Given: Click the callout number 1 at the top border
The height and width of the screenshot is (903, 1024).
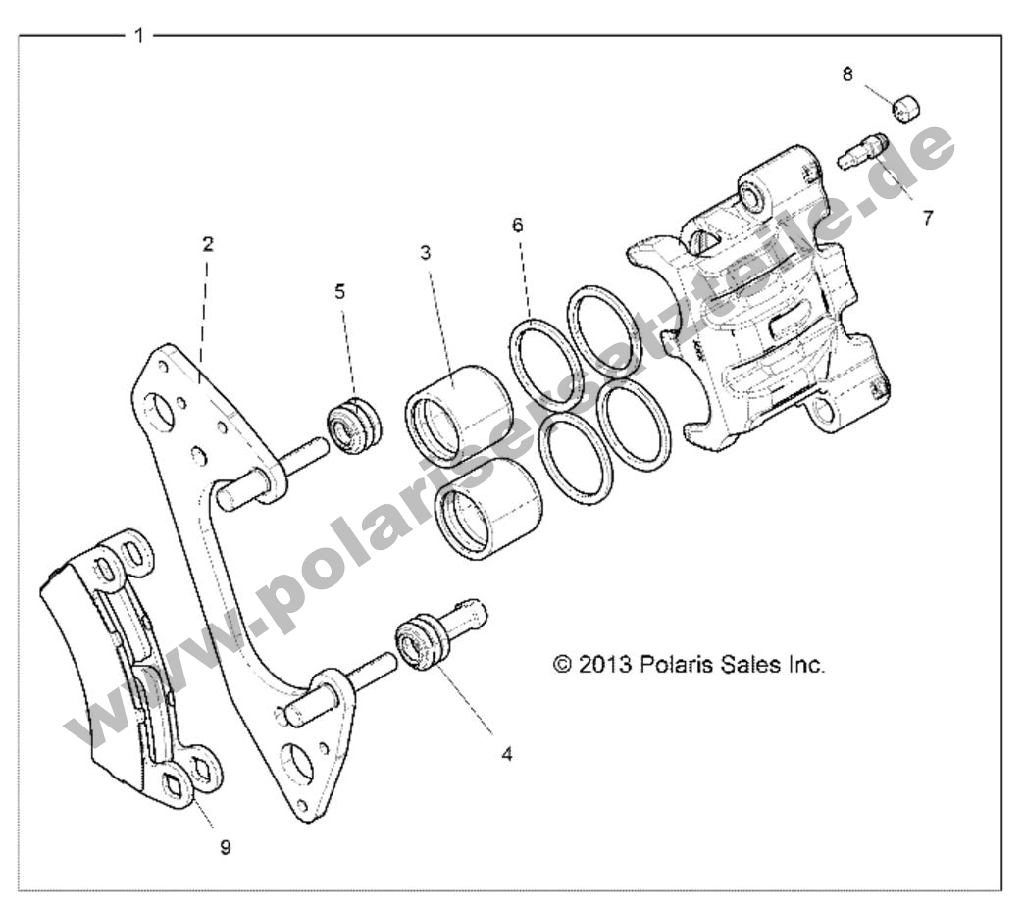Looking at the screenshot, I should (139, 36).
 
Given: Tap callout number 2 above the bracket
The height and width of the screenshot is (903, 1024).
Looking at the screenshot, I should (208, 244).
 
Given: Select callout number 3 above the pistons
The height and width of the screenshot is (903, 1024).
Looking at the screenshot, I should (425, 252).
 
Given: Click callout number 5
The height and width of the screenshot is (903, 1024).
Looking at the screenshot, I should (339, 290).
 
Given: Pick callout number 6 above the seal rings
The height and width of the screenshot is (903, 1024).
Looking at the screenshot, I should (517, 226).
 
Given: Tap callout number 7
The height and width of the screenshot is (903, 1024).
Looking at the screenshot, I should (927, 218).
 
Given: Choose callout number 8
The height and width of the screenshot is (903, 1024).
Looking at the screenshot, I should (847, 74).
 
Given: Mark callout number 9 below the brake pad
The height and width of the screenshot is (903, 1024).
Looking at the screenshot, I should (226, 847).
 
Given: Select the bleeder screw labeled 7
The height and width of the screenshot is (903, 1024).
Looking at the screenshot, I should (863, 150).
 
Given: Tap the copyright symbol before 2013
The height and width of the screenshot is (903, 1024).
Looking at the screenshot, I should (563, 664).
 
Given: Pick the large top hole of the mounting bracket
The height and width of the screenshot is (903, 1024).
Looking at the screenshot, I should (163, 411).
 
